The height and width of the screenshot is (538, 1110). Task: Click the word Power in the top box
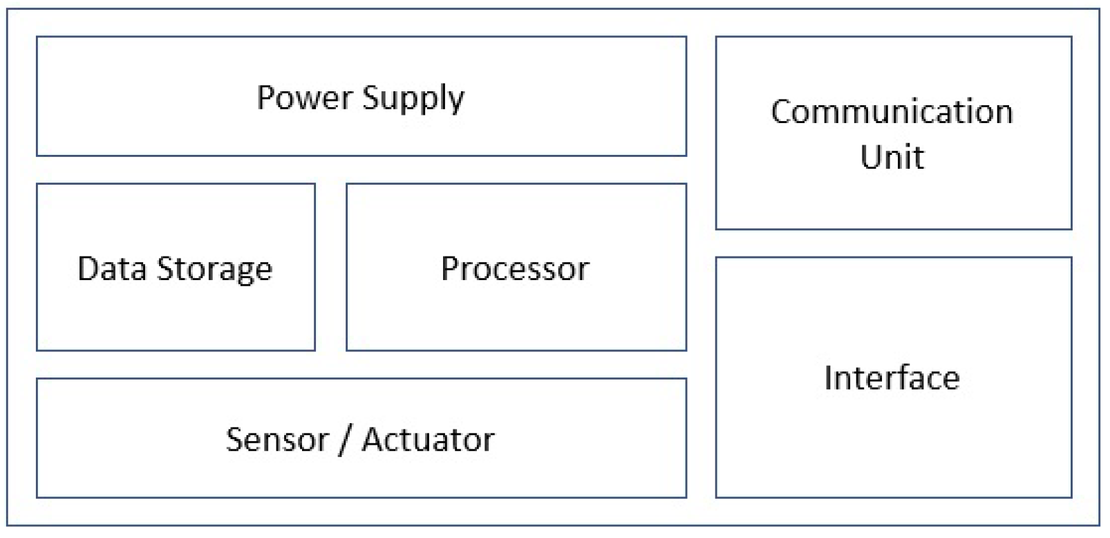pos(305,97)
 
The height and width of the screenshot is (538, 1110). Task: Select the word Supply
pos(413,98)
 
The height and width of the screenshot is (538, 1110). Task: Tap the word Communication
pos(892,112)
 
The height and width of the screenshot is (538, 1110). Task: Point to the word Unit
pos(892,157)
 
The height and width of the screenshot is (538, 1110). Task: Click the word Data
pos(111,268)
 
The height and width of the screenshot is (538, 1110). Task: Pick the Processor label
pos(515,268)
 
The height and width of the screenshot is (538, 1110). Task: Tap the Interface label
pos(892,378)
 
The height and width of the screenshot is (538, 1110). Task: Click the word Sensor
pos(276,440)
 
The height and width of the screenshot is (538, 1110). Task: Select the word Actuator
pos(428,440)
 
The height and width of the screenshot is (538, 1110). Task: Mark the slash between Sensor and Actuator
pos(344,440)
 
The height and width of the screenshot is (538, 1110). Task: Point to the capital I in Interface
pos(829,378)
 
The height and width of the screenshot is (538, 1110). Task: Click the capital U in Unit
pos(871,157)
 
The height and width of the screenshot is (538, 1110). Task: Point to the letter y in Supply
pos(456,102)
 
